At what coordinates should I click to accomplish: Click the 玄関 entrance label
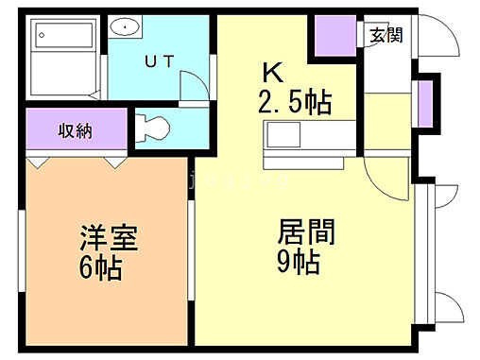(386, 35)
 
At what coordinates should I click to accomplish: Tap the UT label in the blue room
(158, 61)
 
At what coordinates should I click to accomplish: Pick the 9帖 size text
(298, 261)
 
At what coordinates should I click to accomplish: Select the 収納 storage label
(73, 130)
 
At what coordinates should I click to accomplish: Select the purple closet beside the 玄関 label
(334, 35)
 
